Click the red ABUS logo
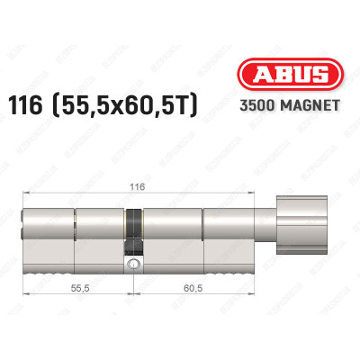pyautogui.click(x=290, y=74)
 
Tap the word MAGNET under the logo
pyautogui.click(x=310, y=105)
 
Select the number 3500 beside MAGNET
pyautogui.click(x=257, y=105)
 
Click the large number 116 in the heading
pyautogui.click(x=25, y=106)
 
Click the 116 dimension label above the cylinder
pyautogui.click(x=138, y=186)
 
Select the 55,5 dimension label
pyautogui.click(x=80, y=288)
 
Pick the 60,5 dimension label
pyautogui.click(x=193, y=288)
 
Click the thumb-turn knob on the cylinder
pyautogui.click(x=301, y=225)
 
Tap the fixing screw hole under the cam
pyautogui.click(x=132, y=264)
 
